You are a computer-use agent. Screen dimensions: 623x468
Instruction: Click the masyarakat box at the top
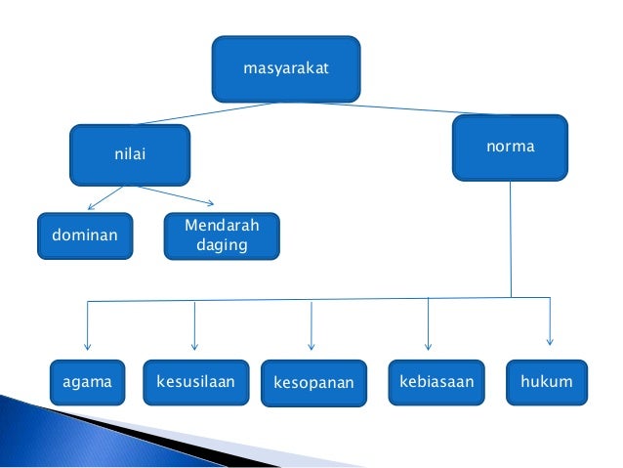click(x=286, y=69)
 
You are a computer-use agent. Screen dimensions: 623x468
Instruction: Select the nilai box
click(x=130, y=153)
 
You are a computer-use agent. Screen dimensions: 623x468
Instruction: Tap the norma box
click(x=510, y=148)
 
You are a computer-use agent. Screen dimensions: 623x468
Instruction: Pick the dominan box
click(x=84, y=235)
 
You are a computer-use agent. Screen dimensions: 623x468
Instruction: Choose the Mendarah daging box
click(x=221, y=235)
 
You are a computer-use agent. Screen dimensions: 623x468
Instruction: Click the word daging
click(x=222, y=245)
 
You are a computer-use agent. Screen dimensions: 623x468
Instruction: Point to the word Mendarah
click(x=222, y=227)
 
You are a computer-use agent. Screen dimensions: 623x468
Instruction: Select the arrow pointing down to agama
click(x=88, y=327)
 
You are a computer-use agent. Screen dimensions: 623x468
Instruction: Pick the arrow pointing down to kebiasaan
click(x=428, y=324)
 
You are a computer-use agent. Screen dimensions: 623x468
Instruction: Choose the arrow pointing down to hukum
click(x=550, y=322)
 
